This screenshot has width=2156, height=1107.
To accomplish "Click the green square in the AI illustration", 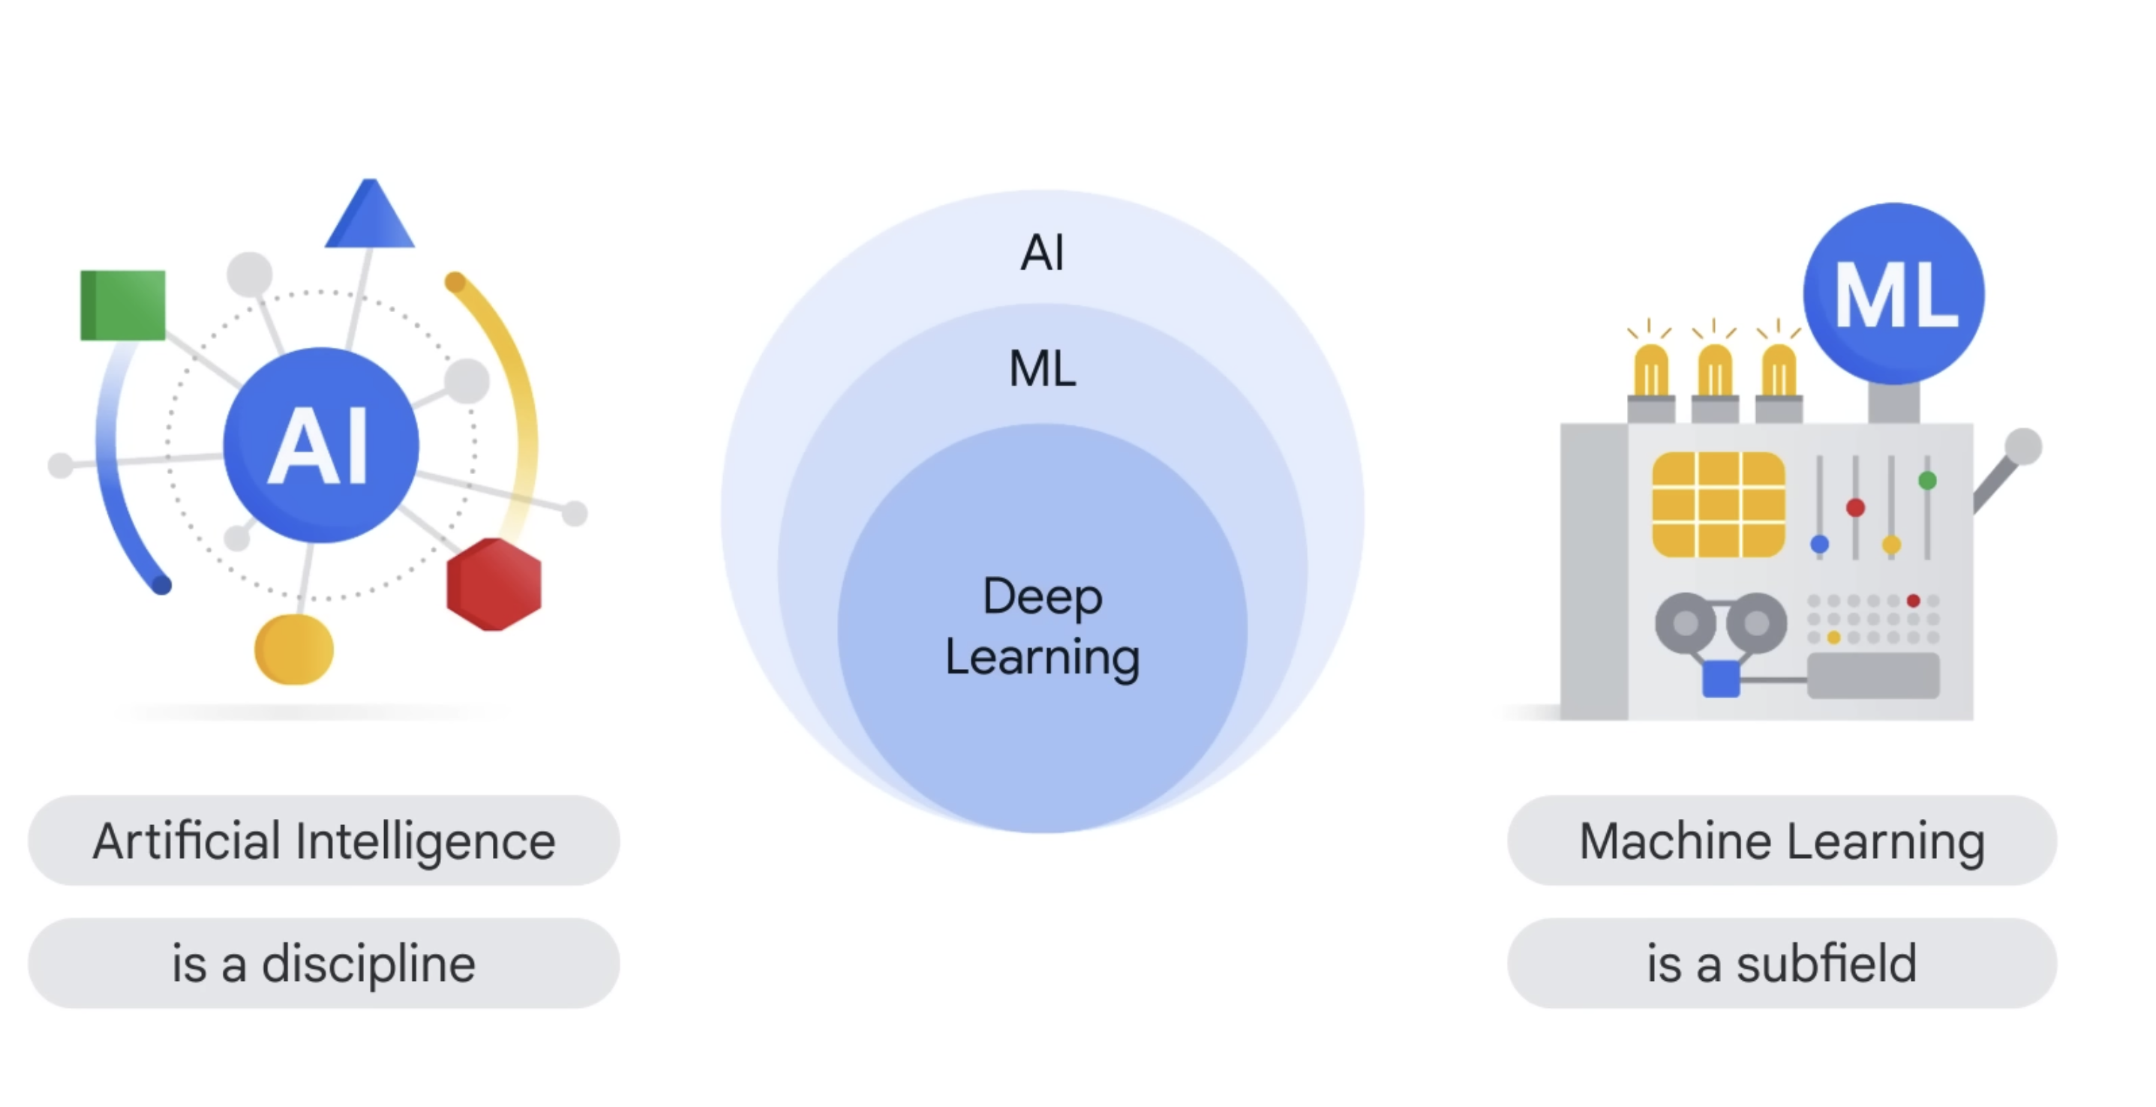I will pyautogui.click(x=123, y=304).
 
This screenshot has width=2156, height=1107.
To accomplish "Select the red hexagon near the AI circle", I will pyautogui.click(x=494, y=584).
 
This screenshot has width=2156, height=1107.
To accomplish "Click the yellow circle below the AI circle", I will pyautogui.click(x=294, y=649).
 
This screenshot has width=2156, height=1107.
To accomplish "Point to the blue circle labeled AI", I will pyautogui.click(x=320, y=444).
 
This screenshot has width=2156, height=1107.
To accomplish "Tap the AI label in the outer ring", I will pyautogui.click(x=1042, y=252).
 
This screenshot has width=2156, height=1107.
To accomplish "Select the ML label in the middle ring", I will pyautogui.click(x=1042, y=368).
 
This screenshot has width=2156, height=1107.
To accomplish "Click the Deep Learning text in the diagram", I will pyautogui.click(x=1042, y=627).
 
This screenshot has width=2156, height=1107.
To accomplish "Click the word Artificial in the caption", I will pyautogui.click(x=186, y=841).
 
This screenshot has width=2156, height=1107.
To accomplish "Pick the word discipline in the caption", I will pyautogui.click(x=368, y=964).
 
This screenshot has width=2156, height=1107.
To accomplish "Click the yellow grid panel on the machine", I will pyautogui.click(x=1718, y=505).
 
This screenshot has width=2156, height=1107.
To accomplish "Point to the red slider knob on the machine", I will pyautogui.click(x=1855, y=508).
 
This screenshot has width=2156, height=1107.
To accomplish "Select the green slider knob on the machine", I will pyautogui.click(x=1927, y=480).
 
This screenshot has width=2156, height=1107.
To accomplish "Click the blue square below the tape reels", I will pyautogui.click(x=1721, y=679).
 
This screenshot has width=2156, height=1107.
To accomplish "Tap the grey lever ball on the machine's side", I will pyautogui.click(x=2023, y=446).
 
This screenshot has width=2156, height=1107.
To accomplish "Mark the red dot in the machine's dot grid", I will pyautogui.click(x=1913, y=601).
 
